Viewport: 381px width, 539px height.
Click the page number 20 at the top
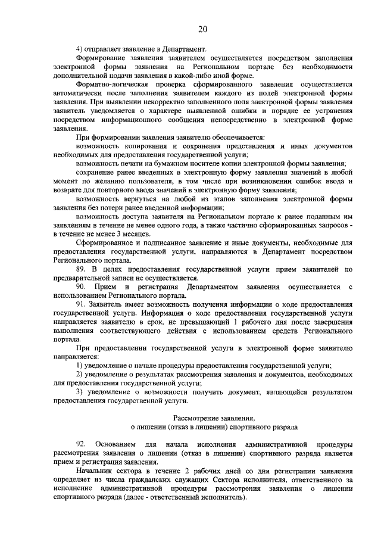coord(202,29)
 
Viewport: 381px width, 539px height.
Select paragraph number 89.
coord(82,270)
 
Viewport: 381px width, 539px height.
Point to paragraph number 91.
coord(82,305)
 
